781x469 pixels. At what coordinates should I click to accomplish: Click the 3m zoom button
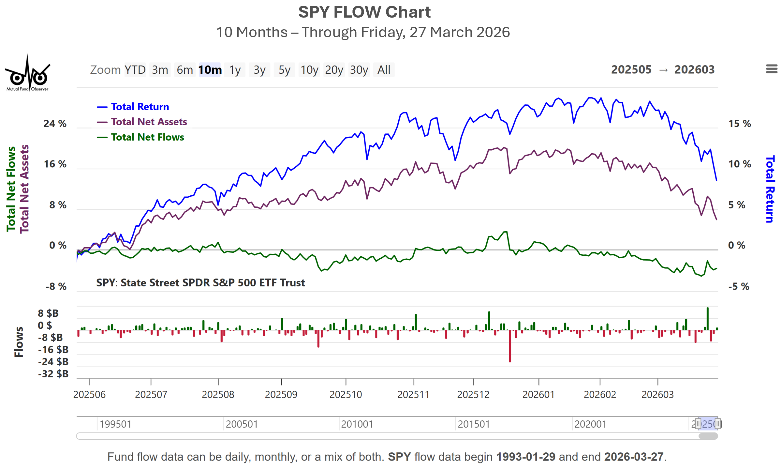[160, 70]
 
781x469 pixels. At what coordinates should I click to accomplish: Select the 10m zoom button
[210, 70]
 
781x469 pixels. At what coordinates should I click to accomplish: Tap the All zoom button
[384, 70]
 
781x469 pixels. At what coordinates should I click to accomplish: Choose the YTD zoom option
[135, 70]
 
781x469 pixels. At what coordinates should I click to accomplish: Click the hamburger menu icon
[772, 69]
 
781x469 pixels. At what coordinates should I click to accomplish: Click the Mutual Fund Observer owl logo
[28, 74]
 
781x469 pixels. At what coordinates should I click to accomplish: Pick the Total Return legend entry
[140, 107]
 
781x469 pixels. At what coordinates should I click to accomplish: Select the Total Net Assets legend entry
[149, 122]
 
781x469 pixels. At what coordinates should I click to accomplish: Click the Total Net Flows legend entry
[147, 137]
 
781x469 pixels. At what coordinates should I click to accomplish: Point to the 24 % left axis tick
[55, 124]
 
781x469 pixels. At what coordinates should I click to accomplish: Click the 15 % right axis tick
[739, 124]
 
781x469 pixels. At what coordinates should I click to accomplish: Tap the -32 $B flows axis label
[53, 374]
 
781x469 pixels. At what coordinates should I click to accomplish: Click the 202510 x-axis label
[346, 395]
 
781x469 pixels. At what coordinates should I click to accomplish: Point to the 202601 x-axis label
[538, 395]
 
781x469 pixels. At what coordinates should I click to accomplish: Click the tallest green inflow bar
[708, 319]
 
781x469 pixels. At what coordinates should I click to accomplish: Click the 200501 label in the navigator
[242, 424]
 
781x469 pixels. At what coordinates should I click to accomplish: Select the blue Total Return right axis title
[770, 189]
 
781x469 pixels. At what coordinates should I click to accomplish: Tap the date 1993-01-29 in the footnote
[525, 457]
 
